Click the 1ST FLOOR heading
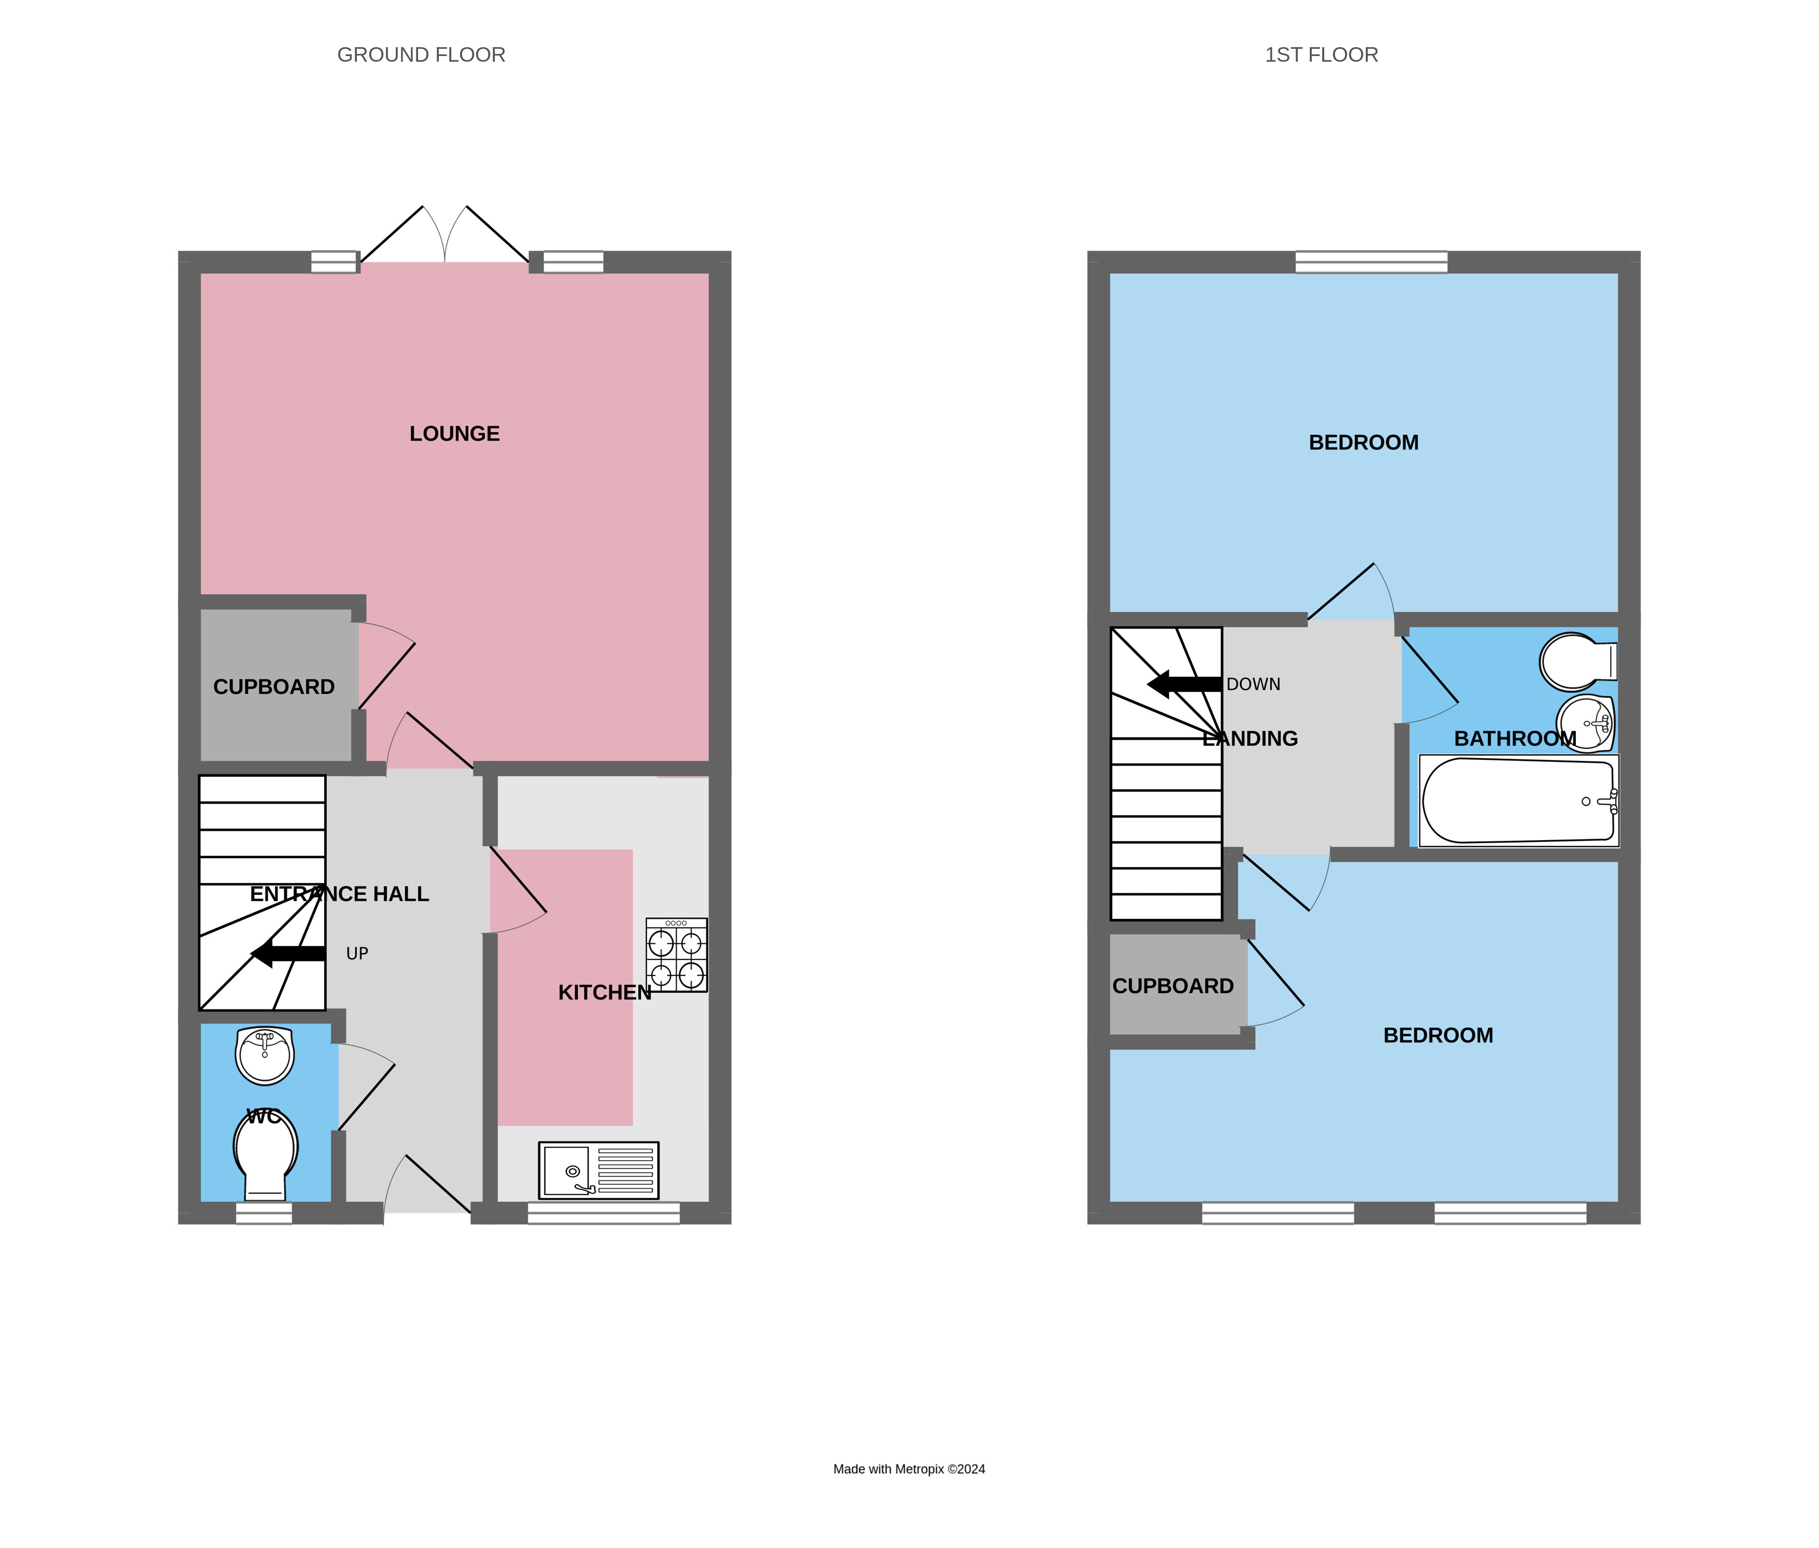[x=1321, y=54]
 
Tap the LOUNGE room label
[x=454, y=434]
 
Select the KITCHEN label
[x=605, y=993]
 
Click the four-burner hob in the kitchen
[x=676, y=955]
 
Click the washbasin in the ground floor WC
[x=264, y=1056]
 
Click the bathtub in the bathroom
[x=1518, y=800]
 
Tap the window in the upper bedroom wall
[x=1371, y=261]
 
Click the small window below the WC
[x=263, y=1213]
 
